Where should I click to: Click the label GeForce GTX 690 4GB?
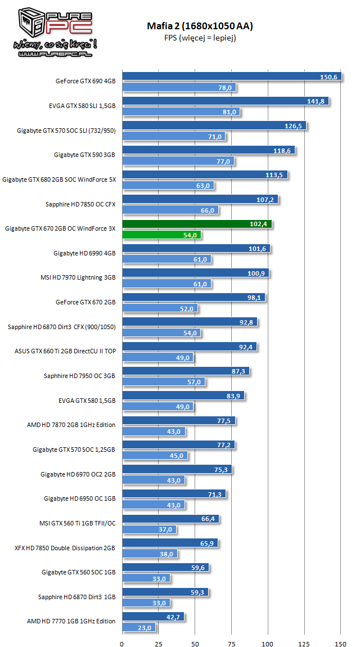click(85, 81)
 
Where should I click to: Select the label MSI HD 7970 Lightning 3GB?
click(78, 277)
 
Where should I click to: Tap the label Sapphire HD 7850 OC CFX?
click(80, 204)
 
